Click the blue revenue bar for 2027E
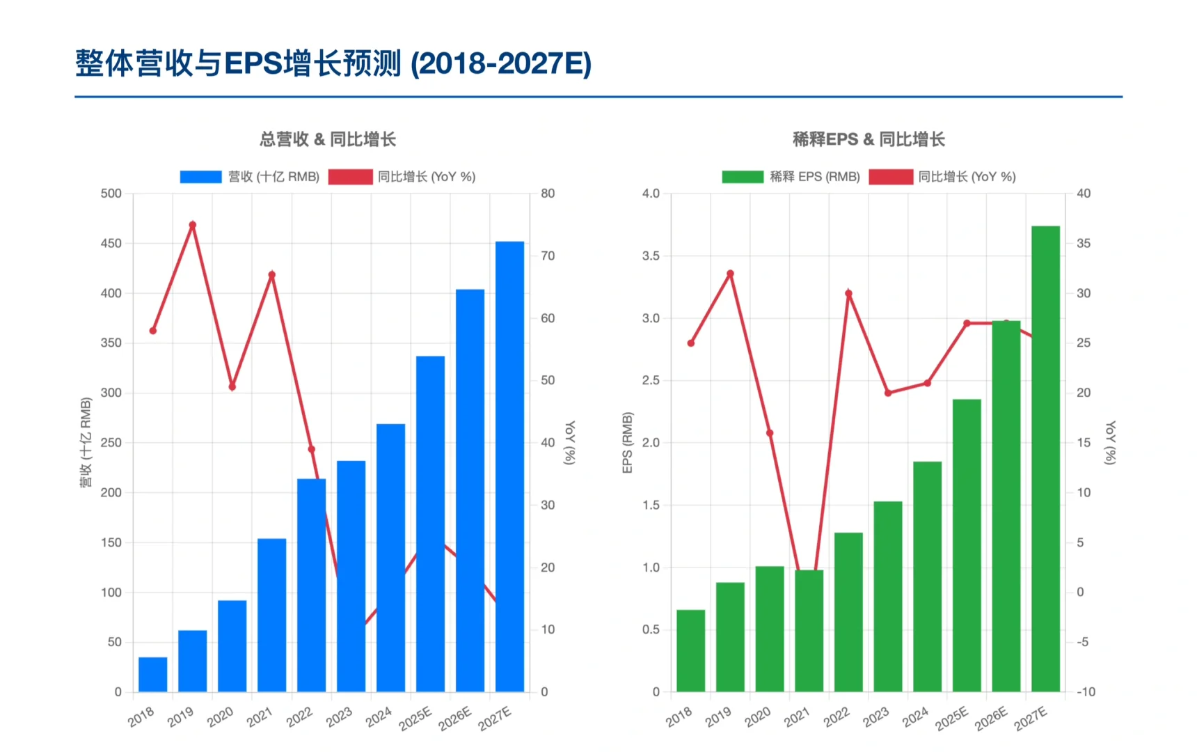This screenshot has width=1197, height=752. tap(509, 467)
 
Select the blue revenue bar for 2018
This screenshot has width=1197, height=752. tap(153, 674)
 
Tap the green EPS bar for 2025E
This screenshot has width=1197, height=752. tap(967, 545)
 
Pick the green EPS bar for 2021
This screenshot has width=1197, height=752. tap(809, 630)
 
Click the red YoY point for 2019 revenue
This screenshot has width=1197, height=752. tap(193, 225)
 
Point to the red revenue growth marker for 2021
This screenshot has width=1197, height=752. tap(272, 275)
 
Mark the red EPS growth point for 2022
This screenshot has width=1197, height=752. tap(848, 293)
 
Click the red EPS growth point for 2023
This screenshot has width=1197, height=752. tap(888, 393)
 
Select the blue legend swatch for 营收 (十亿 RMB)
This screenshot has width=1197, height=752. tap(200, 177)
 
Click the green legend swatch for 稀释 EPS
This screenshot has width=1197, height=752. tap(743, 177)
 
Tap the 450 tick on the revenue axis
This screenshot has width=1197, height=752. tap(111, 243)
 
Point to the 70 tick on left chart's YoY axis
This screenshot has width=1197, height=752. tap(548, 256)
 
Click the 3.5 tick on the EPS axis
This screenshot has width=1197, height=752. tap(651, 256)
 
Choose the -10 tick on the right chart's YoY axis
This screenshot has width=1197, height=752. tap(1086, 691)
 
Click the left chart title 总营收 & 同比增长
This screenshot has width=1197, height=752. tap(328, 139)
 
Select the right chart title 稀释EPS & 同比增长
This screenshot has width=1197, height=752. tap(869, 139)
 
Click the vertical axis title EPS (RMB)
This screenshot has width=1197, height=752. tap(627, 443)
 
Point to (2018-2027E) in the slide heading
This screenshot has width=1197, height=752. tap(501, 63)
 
